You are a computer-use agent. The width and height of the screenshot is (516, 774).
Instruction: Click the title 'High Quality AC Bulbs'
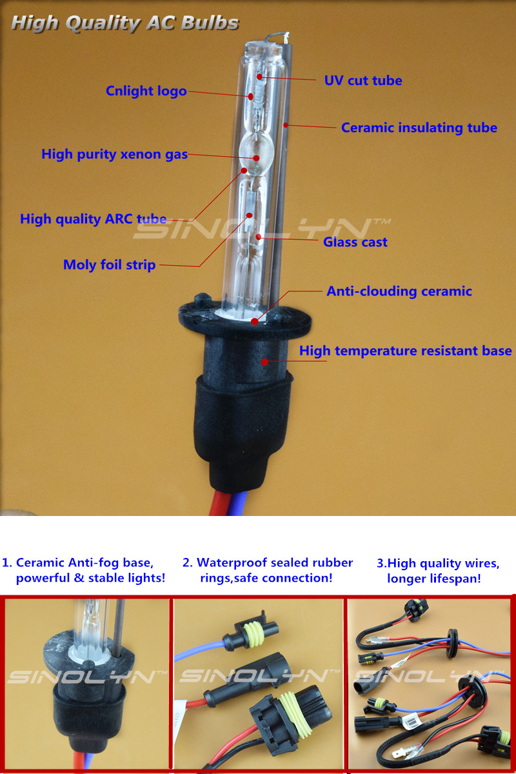124,23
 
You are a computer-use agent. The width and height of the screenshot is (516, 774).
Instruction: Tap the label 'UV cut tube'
363,81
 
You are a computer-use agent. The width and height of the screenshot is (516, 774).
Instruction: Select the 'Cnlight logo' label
146,91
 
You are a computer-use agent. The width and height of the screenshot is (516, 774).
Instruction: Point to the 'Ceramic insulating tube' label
419,128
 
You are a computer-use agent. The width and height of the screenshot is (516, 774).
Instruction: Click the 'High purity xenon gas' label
114,154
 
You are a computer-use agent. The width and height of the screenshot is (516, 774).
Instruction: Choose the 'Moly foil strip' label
109,265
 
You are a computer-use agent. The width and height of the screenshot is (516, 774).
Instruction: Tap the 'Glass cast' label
355,242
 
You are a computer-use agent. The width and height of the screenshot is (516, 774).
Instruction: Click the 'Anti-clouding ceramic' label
399,291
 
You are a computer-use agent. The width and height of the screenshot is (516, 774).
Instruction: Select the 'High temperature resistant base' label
406,351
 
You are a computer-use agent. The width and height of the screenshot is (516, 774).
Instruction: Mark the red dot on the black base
264,362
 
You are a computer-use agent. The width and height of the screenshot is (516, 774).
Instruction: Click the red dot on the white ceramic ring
255,321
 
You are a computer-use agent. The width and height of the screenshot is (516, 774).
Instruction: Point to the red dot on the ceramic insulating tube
286,124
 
